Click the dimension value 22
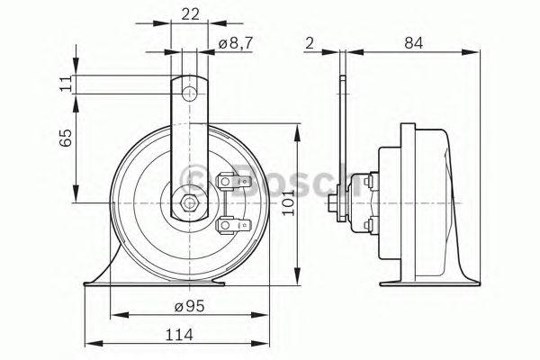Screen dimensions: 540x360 coord(191,14)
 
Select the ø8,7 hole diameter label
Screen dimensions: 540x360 coord(236,44)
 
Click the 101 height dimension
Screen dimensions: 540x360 coord(288,202)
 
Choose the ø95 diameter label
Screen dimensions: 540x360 coord(189,306)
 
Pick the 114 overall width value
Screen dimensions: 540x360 coord(179,335)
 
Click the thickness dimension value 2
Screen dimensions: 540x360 coord(310,43)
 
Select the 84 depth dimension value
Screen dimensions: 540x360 coord(414,43)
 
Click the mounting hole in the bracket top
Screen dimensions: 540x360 coord(189,94)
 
